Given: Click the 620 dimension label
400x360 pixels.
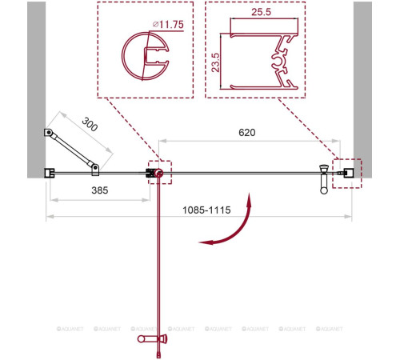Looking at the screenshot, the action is (x=247, y=133).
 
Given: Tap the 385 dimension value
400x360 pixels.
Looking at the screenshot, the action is (x=100, y=190).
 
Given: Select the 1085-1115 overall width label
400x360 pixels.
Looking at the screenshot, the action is (x=206, y=210).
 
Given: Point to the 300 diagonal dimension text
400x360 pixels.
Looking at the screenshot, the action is (x=90, y=125).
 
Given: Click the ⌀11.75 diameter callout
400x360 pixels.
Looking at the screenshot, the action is (x=168, y=25).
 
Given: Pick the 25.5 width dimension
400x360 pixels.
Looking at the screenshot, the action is (x=261, y=12).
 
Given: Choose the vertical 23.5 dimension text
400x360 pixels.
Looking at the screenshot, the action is (x=215, y=62).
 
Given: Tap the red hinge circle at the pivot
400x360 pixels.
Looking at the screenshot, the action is (x=159, y=174).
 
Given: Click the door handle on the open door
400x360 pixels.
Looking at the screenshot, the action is (x=152, y=338).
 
